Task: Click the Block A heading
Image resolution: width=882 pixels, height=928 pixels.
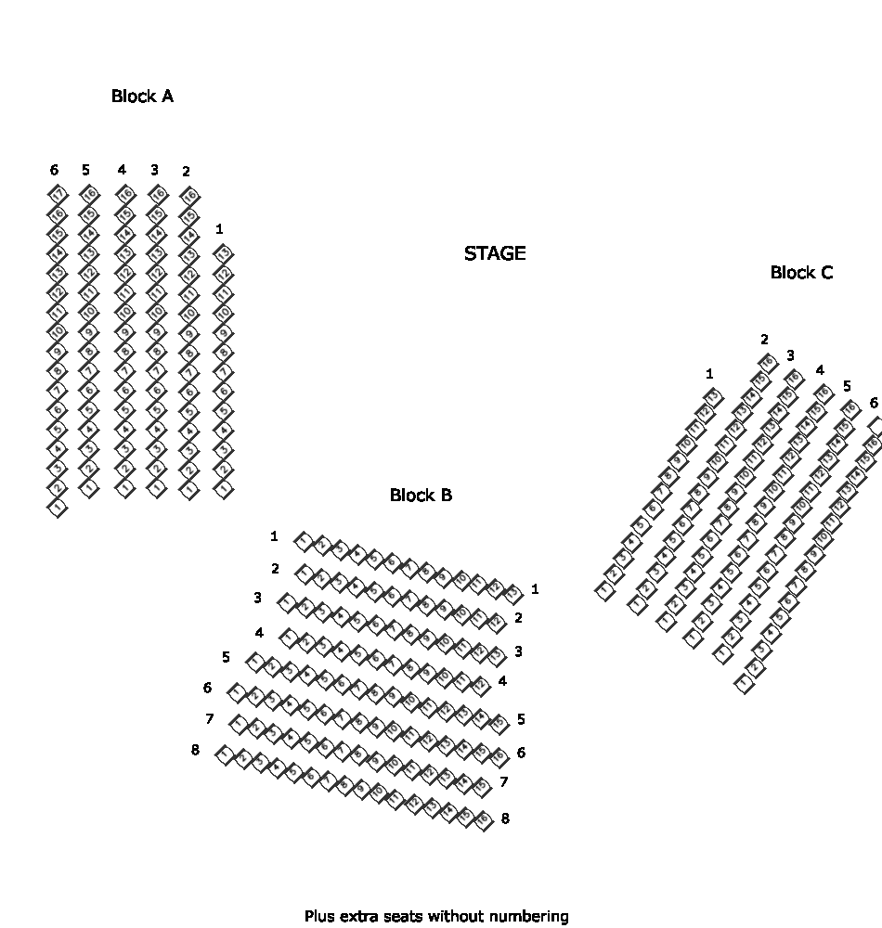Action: (142, 96)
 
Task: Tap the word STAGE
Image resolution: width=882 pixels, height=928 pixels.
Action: (495, 253)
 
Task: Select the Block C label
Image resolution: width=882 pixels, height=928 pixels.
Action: (801, 272)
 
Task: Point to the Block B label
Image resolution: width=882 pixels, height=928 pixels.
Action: (421, 495)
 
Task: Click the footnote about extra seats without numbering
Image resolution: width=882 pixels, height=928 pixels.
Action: (436, 916)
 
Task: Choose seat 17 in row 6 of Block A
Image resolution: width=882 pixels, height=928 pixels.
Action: (58, 194)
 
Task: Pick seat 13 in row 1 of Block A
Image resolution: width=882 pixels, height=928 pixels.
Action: (224, 253)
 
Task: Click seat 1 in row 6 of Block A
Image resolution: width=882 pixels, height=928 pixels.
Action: (58, 508)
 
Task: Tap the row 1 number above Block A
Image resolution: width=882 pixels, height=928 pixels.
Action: (219, 228)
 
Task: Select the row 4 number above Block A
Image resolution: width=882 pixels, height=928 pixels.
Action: (122, 170)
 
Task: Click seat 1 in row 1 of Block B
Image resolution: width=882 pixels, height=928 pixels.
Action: (303, 541)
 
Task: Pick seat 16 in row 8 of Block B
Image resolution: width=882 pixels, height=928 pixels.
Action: (484, 820)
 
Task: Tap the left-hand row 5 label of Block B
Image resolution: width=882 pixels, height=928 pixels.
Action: (227, 657)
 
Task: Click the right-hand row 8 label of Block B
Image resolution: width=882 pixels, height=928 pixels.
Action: (505, 818)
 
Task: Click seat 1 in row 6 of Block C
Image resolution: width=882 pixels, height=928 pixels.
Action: (745, 684)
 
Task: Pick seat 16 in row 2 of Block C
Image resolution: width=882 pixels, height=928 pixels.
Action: (768, 362)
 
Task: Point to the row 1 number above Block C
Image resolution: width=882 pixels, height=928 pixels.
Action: (709, 374)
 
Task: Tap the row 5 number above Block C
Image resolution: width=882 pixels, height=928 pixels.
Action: (846, 385)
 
